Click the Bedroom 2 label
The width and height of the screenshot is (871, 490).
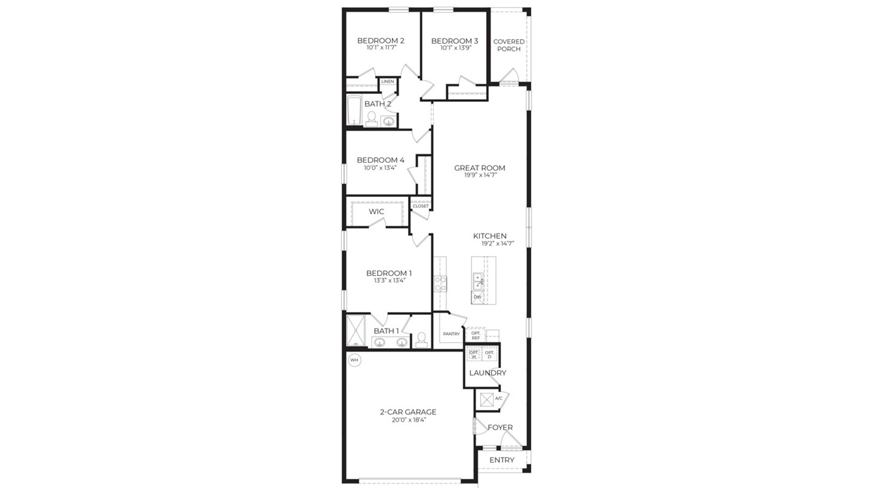381,41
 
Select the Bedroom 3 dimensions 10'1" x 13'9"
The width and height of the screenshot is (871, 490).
455,48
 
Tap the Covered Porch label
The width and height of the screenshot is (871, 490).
509,45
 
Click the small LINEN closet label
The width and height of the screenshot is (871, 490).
388,82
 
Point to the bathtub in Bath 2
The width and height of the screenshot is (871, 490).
354,111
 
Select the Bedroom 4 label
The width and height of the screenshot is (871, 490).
381,160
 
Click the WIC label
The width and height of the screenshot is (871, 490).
376,212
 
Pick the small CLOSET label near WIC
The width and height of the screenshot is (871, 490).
420,206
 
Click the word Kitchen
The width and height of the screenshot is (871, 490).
489,236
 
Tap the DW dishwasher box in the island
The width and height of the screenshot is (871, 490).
477,297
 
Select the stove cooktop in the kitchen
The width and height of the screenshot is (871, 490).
440,283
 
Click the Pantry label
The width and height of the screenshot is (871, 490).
451,334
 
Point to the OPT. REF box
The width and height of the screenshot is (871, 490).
476,335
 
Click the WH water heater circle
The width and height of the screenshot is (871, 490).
354,360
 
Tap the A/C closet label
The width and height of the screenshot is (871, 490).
499,399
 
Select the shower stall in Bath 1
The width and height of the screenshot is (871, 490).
357,330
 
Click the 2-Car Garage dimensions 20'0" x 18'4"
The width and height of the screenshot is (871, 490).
408,420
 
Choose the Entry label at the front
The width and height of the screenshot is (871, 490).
501,460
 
